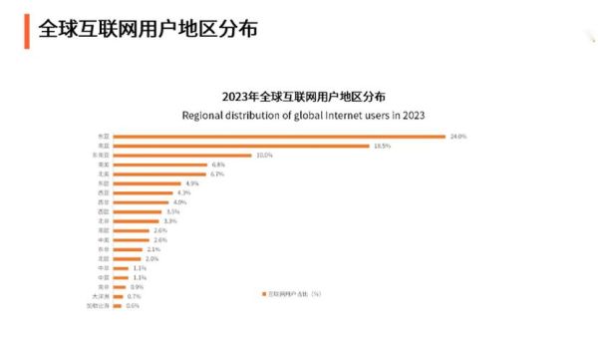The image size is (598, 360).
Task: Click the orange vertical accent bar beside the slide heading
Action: (25, 30)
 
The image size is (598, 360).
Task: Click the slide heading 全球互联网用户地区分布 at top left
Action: (148, 30)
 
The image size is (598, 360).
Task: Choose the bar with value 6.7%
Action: (160, 175)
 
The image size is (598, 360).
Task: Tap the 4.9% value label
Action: (192, 184)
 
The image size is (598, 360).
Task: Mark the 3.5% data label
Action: (172, 212)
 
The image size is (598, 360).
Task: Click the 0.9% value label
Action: (137, 287)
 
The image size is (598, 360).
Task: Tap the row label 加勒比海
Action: (101, 306)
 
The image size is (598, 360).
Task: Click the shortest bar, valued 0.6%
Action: (118, 306)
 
